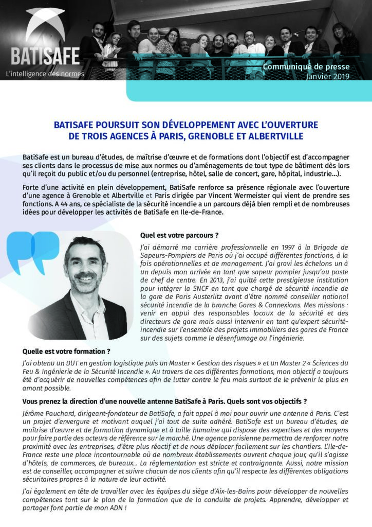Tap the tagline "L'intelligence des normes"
(45, 74)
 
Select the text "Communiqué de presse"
(306, 67)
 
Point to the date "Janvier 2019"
(327, 77)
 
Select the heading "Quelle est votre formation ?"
(66, 352)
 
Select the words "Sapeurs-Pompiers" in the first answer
(167, 256)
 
